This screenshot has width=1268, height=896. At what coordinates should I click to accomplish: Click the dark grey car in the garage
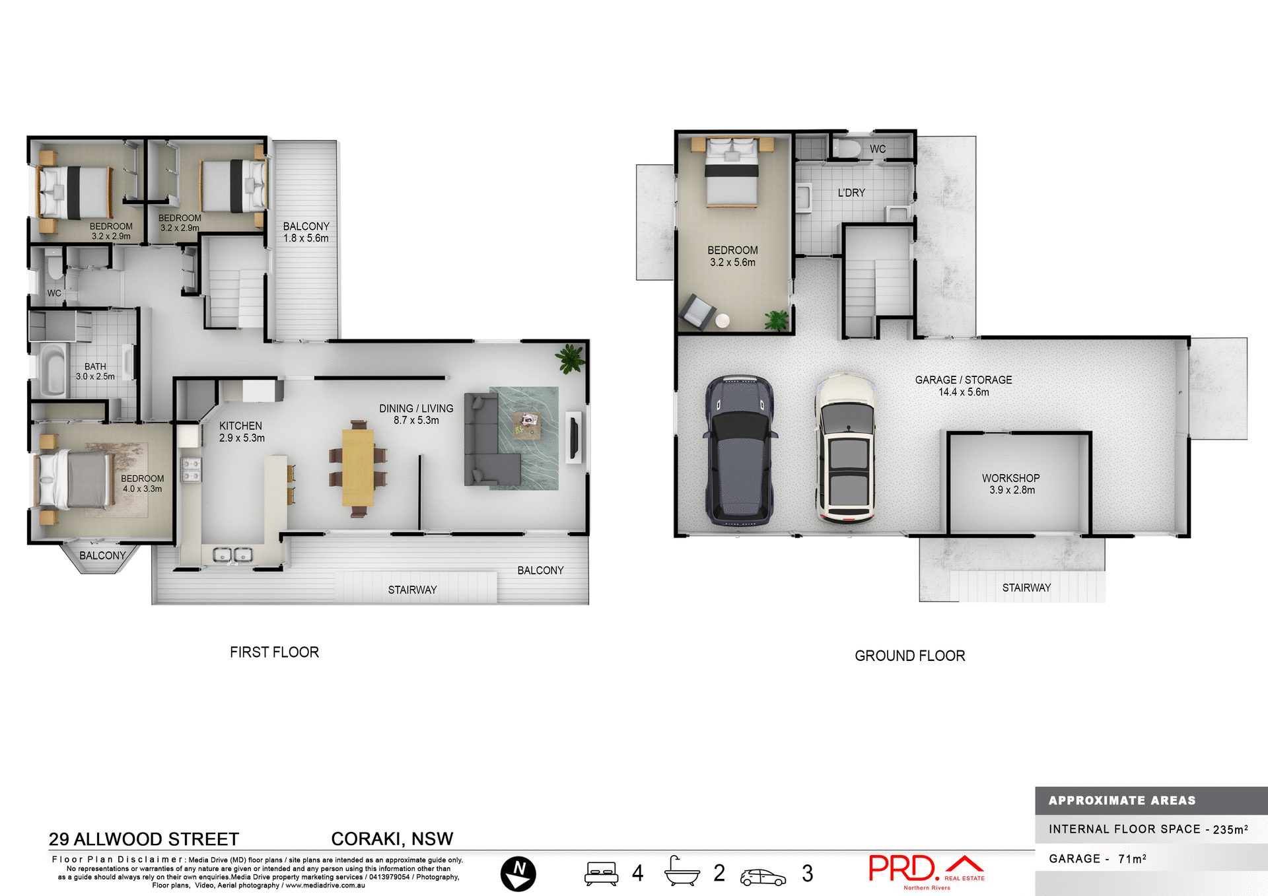point(740,451)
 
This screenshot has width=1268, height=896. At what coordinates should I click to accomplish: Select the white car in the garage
point(847,448)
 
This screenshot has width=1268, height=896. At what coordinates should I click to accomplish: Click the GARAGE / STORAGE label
point(964,380)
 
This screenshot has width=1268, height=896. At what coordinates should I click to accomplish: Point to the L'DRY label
point(851,193)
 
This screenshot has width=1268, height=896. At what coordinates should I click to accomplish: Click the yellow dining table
point(358,467)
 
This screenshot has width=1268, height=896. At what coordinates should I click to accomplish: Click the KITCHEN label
point(241,426)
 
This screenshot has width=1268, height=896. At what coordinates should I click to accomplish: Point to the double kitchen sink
point(232,555)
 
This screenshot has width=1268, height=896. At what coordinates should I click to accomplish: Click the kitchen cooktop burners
point(191,469)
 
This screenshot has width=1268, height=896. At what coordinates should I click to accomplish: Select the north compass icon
point(518,873)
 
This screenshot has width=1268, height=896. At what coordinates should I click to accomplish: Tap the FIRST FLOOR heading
point(274,652)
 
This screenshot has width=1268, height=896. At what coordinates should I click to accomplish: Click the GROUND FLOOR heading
point(909,656)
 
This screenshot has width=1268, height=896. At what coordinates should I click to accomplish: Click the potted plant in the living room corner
point(570,359)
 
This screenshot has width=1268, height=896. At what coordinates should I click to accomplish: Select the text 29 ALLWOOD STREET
point(144,839)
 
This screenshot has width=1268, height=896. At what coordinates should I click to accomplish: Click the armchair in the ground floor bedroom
point(697,311)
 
